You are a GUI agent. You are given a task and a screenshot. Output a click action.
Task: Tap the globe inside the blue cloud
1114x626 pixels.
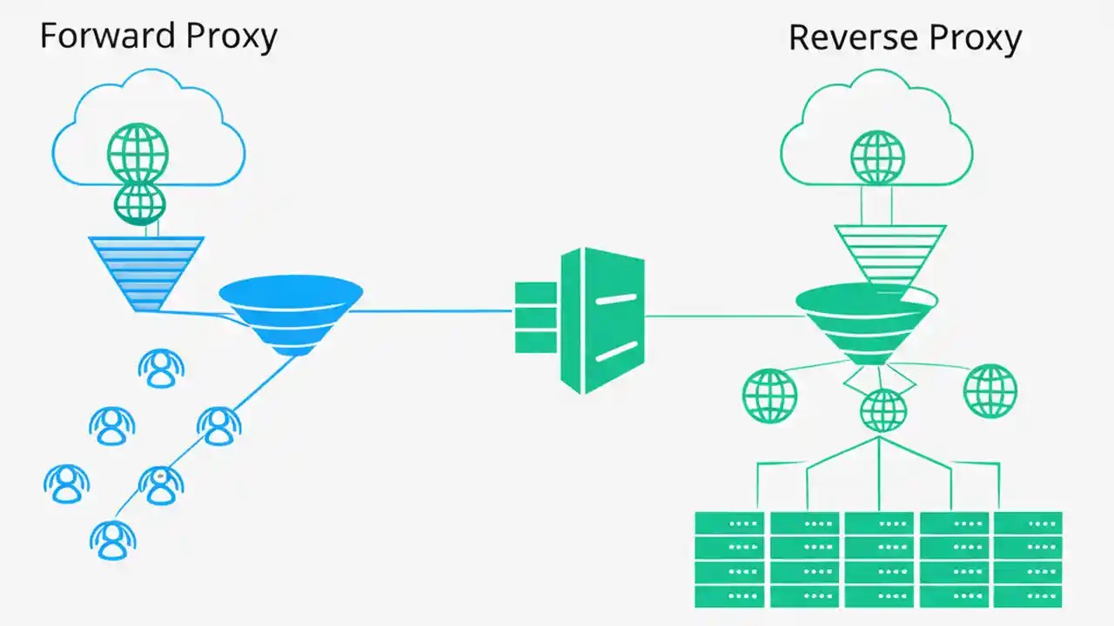point(138,152)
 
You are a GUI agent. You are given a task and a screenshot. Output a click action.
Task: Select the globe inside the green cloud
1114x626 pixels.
point(877,157)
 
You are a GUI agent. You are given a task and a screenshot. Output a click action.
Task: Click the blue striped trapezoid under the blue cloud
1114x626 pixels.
point(146,271)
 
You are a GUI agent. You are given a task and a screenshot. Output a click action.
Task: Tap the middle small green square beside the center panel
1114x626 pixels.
point(534,317)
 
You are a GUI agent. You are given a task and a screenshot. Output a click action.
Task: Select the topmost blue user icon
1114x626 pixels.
point(161,369)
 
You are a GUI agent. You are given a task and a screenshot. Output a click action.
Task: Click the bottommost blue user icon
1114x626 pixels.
point(111,540)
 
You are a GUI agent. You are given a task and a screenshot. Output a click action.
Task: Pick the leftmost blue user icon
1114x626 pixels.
point(66,483)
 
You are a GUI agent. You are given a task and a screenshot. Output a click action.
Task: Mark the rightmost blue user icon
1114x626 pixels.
point(218,425)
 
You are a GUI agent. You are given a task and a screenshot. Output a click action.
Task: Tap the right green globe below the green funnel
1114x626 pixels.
point(990,391)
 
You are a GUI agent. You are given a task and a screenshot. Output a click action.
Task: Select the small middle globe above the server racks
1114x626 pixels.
point(882,410)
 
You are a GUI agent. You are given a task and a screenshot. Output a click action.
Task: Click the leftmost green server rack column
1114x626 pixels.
point(729,559)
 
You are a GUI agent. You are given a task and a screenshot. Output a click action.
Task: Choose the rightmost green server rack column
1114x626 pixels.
point(1028,559)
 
